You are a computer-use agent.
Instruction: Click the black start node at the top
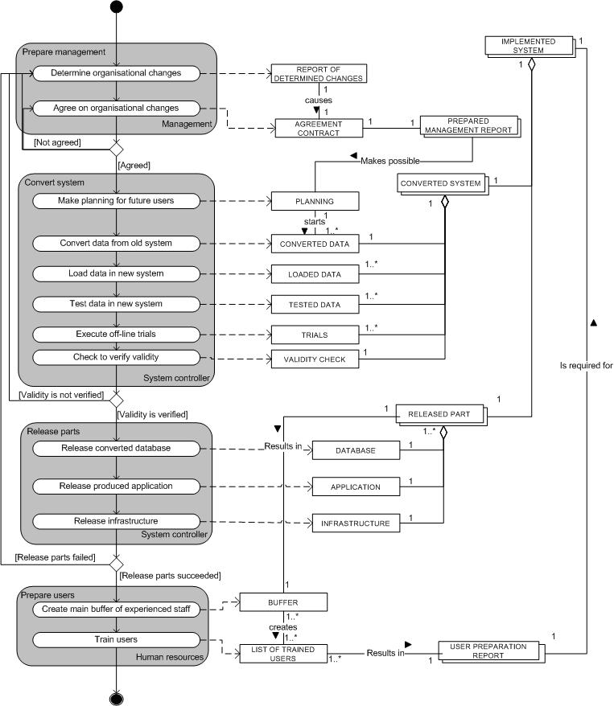point(117,7)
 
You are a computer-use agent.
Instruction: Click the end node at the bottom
point(117,696)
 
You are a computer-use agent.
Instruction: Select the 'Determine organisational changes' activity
point(115,73)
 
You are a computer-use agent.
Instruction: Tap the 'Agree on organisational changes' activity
point(115,108)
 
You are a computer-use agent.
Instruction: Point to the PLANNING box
point(314,201)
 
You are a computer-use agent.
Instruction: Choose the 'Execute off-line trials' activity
point(115,333)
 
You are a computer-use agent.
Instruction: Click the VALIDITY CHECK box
point(314,359)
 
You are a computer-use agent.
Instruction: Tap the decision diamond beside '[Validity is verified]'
point(117,400)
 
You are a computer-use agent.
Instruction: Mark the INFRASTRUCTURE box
point(355,523)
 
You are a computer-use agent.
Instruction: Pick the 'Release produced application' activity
point(115,486)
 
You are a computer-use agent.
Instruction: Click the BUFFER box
point(282,601)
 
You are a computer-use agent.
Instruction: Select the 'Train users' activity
point(115,639)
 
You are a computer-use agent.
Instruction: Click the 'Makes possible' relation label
point(389,161)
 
